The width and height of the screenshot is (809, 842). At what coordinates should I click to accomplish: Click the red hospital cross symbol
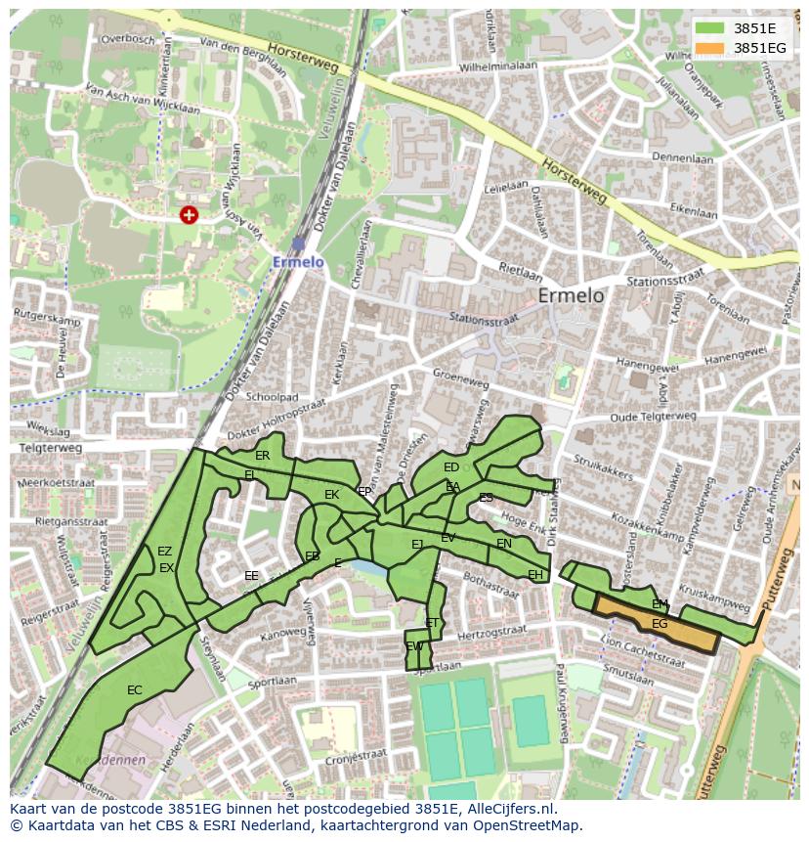tap(189, 214)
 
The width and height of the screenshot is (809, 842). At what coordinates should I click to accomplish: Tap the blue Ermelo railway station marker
tap(298, 244)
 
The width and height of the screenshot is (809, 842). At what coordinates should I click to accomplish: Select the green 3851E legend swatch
tap(710, 27)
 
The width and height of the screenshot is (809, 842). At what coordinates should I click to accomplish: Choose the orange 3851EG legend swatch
tap(710, 47)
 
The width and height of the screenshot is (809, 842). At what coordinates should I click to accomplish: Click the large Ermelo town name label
tap(571, 295)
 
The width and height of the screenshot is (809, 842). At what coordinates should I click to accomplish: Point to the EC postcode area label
tap(135, 690)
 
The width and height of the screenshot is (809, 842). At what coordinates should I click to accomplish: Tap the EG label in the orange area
tap(660, 624)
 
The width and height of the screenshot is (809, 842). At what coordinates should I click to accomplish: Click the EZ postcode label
tap(164, 552)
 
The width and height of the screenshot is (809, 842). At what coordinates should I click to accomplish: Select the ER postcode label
tap(262, 456)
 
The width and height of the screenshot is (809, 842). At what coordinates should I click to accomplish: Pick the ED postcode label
tap(450, 467)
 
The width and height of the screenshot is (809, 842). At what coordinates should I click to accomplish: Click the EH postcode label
tap(534, 575)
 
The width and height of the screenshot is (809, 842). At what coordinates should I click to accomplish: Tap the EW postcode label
tap(414, 646)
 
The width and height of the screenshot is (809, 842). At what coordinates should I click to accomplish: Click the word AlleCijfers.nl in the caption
tap(509, 809)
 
